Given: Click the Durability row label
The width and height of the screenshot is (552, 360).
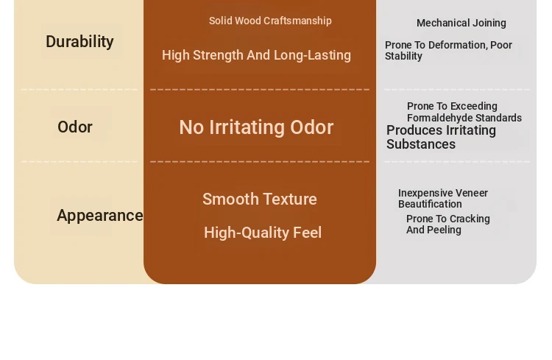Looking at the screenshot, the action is coord(79,41).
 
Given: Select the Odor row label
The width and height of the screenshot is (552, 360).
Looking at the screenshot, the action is coord(75,127).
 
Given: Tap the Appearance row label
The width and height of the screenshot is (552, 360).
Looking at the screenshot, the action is coord(100,216).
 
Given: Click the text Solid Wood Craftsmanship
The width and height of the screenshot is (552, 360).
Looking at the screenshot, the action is coord(270,21).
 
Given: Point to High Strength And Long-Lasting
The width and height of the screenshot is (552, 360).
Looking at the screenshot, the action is coord(256,55).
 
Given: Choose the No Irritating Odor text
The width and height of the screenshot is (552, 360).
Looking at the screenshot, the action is coord(256,127).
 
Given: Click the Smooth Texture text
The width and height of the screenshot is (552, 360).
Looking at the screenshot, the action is coord(260,199).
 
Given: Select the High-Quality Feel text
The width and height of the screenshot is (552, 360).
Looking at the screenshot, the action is coord(263,233).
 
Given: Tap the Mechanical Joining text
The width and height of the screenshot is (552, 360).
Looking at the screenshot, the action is coord(461,23).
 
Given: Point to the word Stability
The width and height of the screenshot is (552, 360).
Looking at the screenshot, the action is coord(403,56).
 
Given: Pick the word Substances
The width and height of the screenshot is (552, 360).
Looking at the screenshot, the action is coord(421,144).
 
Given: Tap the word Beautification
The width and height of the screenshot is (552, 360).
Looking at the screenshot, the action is coord(430,205).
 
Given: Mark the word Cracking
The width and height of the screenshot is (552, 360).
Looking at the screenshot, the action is coord(471,219).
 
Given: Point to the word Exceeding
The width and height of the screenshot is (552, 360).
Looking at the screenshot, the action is coord(475,106).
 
